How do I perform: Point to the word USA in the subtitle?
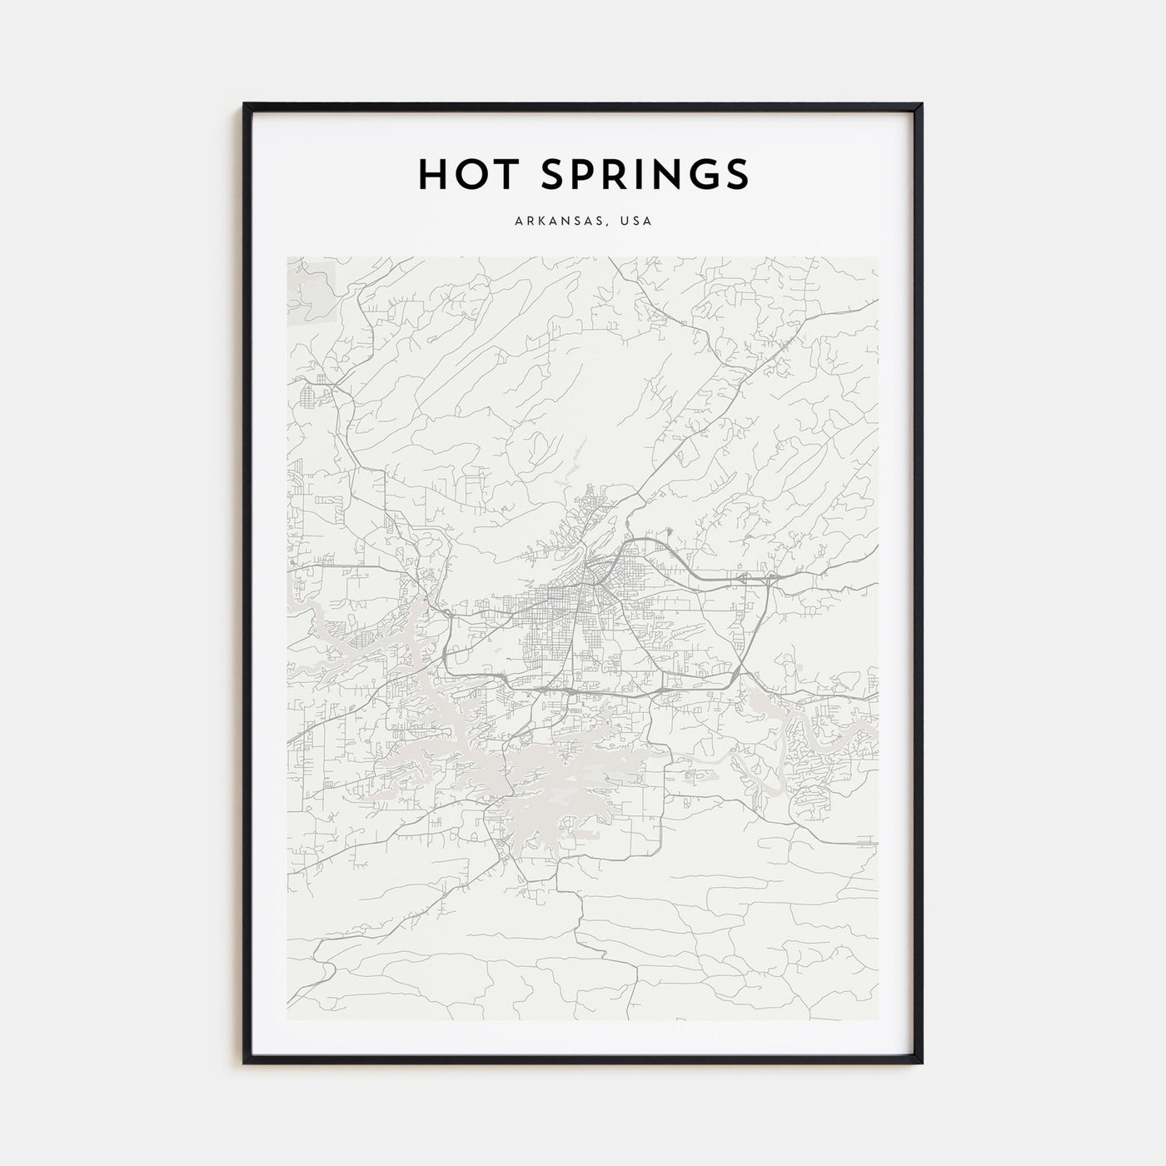pos(637,222)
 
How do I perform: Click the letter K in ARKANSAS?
pos(541,222)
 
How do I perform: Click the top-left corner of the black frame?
pos(245,104)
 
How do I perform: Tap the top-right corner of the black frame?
pos(921,104)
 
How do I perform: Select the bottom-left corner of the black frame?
pos(245,1063)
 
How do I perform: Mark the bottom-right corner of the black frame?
pos(921,1063)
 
